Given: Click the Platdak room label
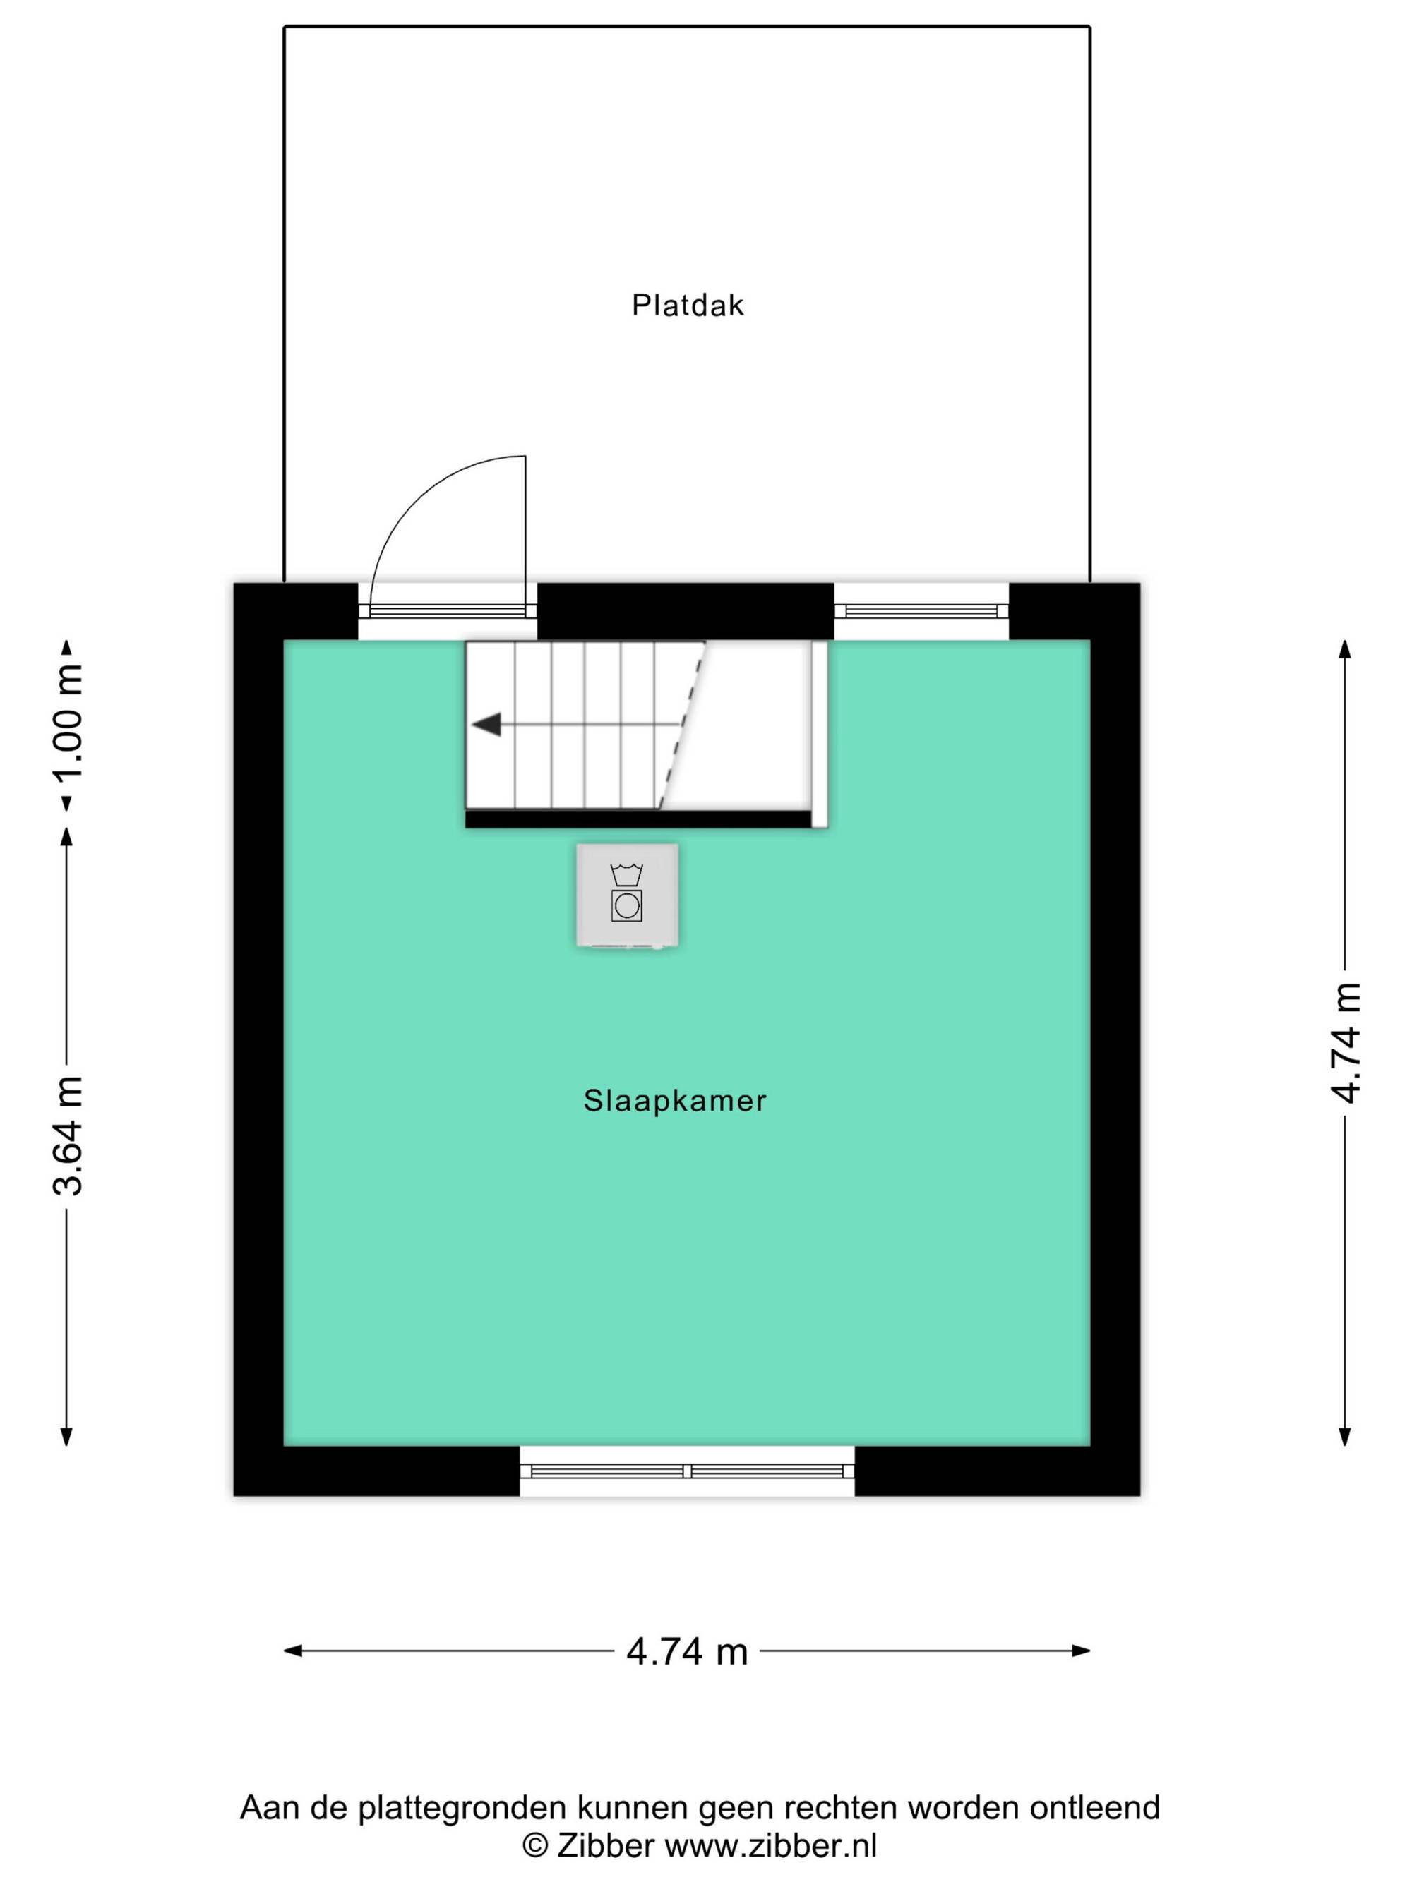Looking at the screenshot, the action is [687, 306].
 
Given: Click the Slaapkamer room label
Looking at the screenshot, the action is [674, 1101].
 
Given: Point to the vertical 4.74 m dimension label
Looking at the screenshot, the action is [1345, 1043].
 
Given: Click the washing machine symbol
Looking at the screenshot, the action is [626, 894].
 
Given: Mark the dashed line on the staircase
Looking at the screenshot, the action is [682, 724].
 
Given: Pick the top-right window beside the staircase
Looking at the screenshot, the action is [921, 611].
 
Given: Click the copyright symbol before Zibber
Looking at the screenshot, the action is [534, 1845].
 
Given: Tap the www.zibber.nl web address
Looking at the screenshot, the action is [770, 1845].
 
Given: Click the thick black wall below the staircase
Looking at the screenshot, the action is [638, 819].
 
